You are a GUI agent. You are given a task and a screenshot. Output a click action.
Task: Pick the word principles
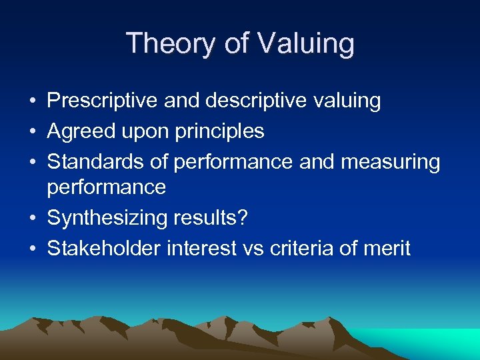coord(219,132)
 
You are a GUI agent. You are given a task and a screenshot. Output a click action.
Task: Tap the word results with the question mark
coord(214,219)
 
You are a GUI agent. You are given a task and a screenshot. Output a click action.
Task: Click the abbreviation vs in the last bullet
coord(254,249)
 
